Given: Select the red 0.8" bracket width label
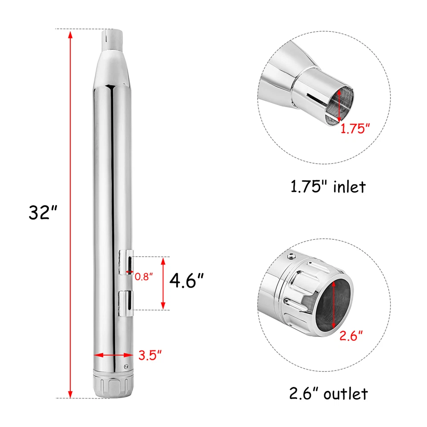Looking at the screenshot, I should (x=144, y=276).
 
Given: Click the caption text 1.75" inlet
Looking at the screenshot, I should (x=328, y=186).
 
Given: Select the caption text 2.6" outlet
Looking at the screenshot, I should (x=328, y=393).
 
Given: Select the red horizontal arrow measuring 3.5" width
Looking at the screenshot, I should (x=113, y=355).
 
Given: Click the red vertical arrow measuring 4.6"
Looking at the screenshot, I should (x=163, y=283).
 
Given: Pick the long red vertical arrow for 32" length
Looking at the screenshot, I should (x=70, y=213).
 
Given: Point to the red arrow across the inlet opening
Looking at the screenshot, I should (x=340, y=105).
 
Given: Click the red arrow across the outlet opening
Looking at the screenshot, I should (x=334, y=307).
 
